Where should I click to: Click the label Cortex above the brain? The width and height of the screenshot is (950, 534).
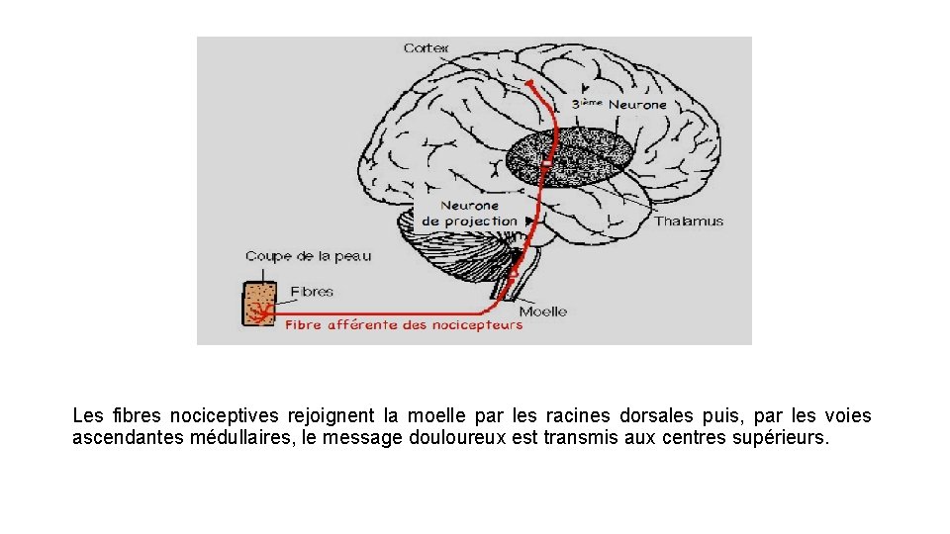(426, 48)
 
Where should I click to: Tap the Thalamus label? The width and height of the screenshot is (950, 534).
(688, 222)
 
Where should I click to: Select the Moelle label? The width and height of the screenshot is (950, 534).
(542, 311)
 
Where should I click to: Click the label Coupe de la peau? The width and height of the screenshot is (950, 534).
(308, 257)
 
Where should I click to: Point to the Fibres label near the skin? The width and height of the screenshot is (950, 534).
(312, 292)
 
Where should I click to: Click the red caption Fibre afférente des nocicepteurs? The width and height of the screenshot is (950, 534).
(404, 325)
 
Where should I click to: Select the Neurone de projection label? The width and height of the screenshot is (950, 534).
(470, 214)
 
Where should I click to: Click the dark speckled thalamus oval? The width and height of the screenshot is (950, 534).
(569, 158)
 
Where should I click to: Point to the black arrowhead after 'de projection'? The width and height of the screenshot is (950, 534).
(530, 222)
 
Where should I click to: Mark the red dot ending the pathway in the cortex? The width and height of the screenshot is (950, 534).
(530, 83)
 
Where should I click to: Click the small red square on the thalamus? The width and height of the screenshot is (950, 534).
(545, 161)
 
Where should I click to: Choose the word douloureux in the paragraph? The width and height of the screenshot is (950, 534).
(458, 437)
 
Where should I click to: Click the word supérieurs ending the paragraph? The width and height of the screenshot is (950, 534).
(782, 437)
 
